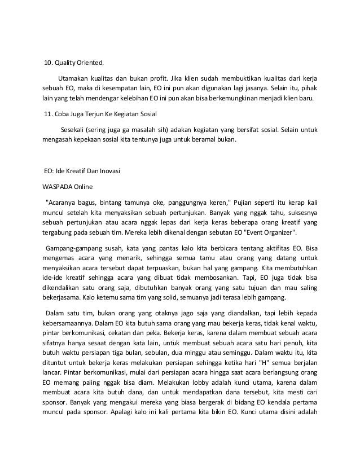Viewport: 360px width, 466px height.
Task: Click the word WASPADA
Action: click(58, 184)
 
